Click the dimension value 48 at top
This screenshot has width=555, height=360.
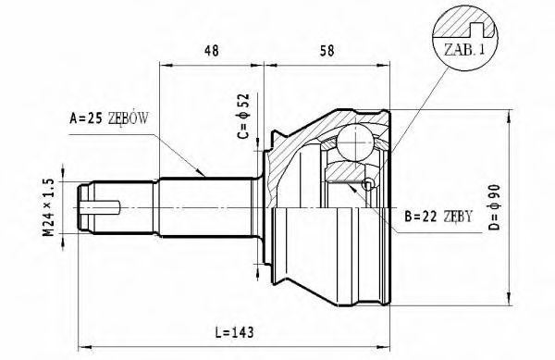(x=211, y=52)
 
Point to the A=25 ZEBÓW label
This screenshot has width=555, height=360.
(x=109, y=118)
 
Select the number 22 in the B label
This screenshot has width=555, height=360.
(x=428, y=218)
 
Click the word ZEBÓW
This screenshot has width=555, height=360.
(x=129, y=118)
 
